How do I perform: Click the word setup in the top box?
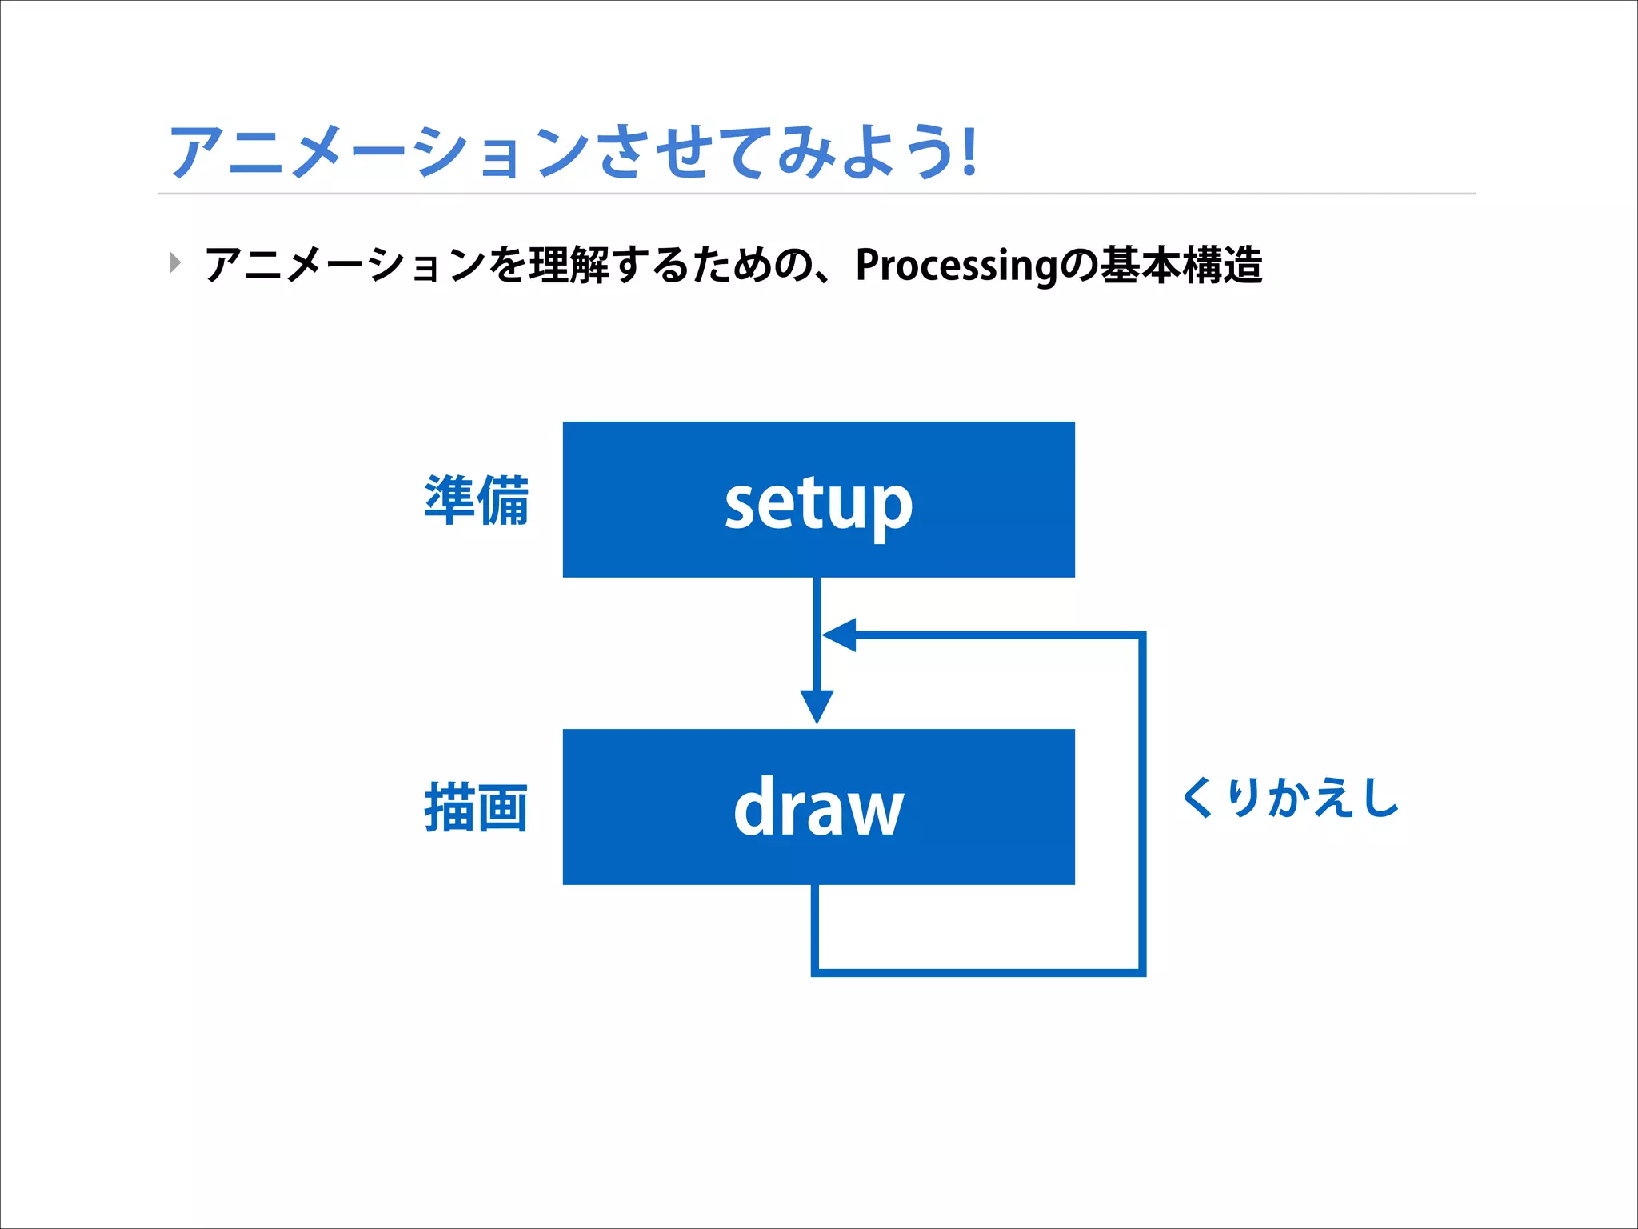[818, 504]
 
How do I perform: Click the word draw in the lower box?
[818, 808]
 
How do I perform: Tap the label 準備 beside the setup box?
[477, 500]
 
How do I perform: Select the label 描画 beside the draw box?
[477, 808]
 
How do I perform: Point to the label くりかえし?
[1290, 799]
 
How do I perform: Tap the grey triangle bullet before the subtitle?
[175, 262]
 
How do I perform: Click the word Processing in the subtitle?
[957, 266]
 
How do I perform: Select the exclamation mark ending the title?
[969, 152]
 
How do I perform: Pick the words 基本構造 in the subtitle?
[1181, 266]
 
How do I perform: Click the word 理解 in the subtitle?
[569, 266]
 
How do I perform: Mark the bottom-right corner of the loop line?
[1141, 971]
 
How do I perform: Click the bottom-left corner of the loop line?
[815, 971]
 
